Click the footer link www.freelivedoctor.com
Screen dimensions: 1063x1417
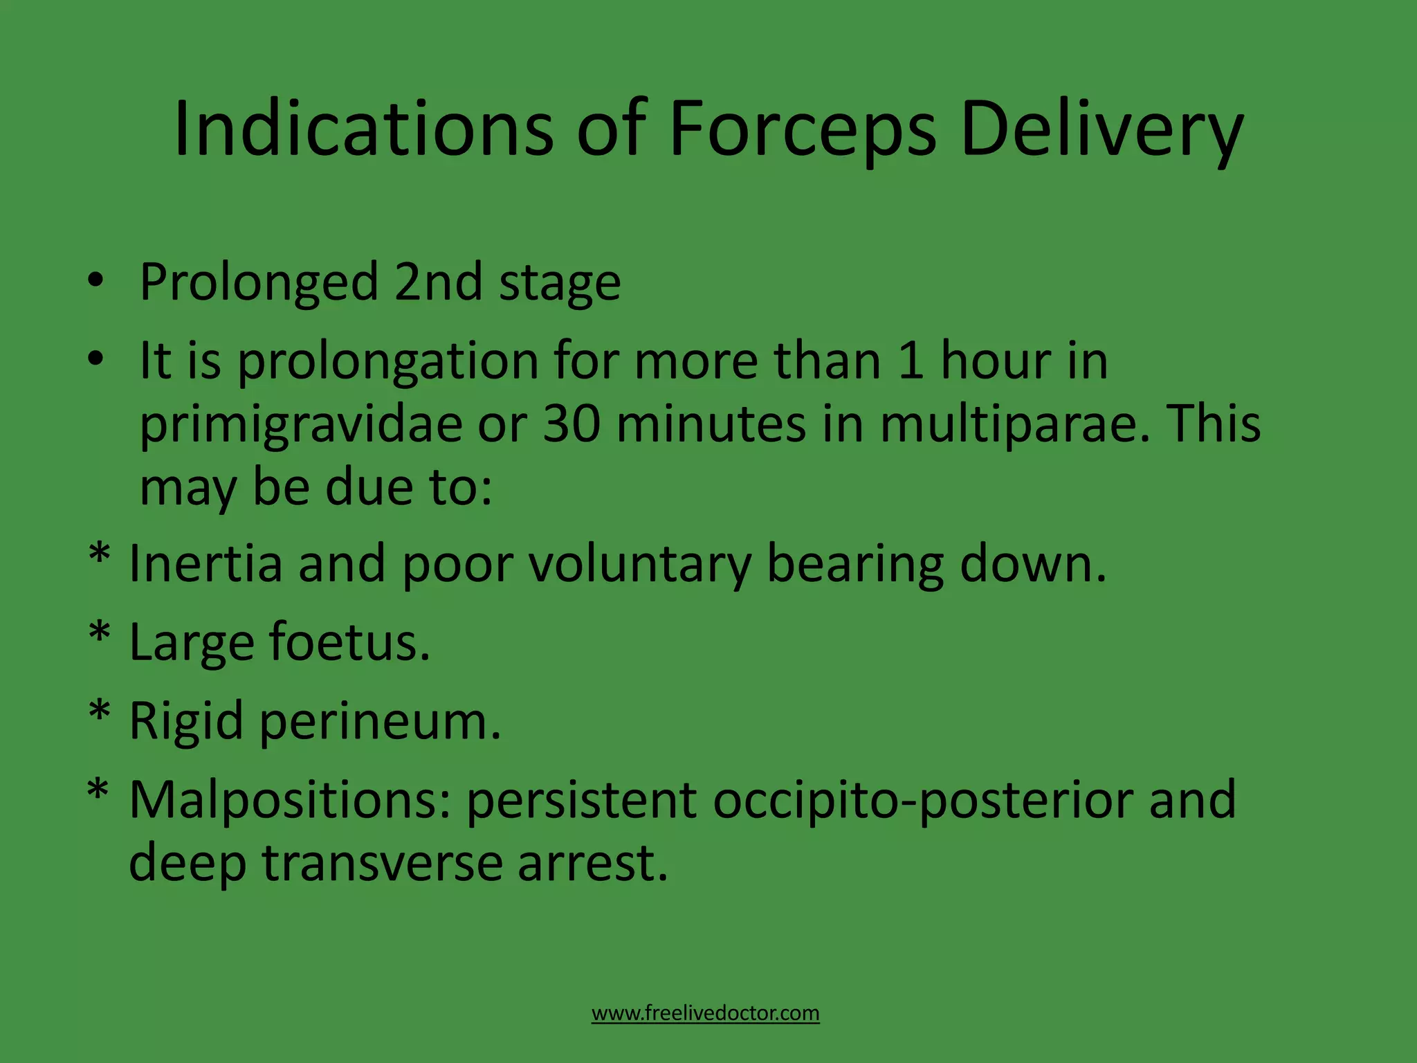point(705,1013)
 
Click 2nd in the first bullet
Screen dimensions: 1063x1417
point(438,282)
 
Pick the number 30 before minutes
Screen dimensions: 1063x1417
point(572,424)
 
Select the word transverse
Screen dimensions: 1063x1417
point(381,864)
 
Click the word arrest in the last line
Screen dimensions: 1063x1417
point(592,864)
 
